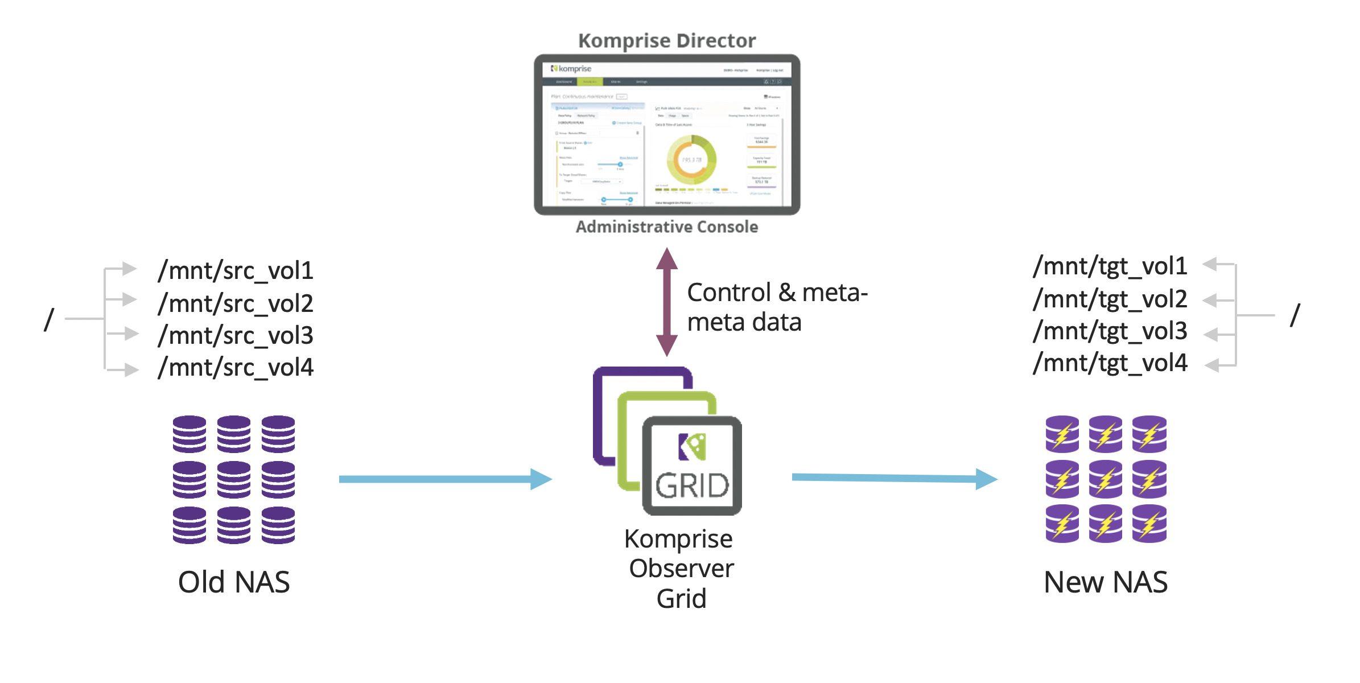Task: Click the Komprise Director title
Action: (666, 41)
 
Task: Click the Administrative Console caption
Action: (666, 227)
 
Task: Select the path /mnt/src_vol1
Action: (236, 271)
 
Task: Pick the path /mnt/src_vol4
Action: (236, 368)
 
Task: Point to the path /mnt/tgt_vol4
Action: (1110, 363)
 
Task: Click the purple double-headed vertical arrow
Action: (666, 302)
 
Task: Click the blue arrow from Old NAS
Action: (444, 479)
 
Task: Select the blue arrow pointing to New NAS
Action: (893, 479)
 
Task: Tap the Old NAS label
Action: (234, 582)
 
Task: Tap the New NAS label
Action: (1105, 582)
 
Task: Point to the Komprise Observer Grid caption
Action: (681, 569)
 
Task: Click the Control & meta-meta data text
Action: (776, 307)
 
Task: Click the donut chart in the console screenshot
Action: (691, 160)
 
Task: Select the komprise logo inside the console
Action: (571, 69)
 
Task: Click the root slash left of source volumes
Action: (49, 319)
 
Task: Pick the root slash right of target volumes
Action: (1295, 315)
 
